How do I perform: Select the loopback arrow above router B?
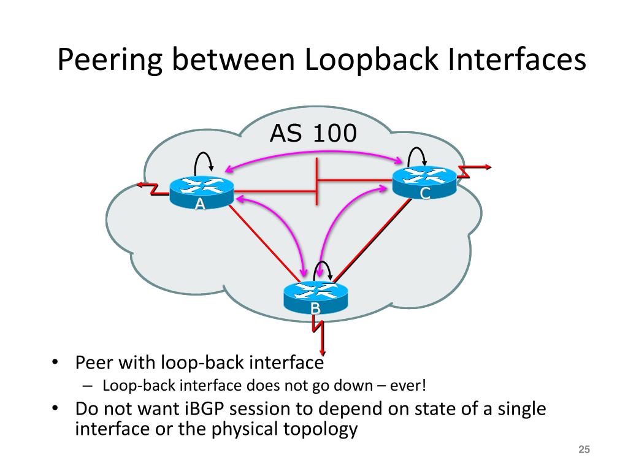[x=322, y=269]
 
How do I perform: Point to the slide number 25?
[x=584, y=451]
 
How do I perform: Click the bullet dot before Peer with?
[x=55, y=362]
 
